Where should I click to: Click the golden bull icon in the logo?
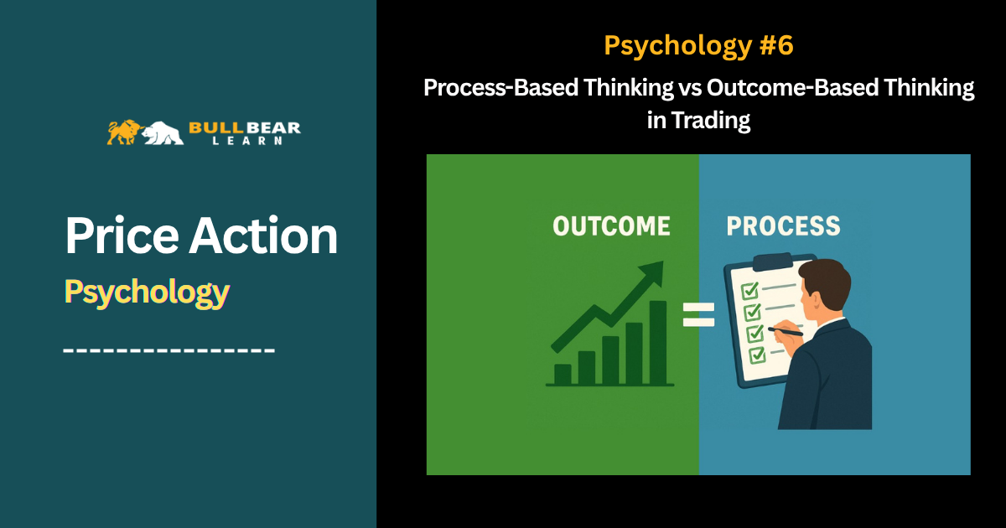(124, 132)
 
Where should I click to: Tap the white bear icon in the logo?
(163, 133)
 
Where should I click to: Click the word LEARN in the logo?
(247, 141)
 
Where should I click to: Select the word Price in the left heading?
(122, 236)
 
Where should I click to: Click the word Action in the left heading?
(262, 236)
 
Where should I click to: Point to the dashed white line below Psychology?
(169, 350)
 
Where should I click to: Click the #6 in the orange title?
(776, 45)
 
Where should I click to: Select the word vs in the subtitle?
(690, 87)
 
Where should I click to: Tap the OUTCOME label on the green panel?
(611, 225)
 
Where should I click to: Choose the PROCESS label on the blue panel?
(783, 225)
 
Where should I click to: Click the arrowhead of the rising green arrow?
(652, 272)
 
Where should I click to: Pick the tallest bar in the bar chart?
(658, 343)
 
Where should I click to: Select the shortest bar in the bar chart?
(563, 374)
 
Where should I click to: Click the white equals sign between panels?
(698, 314)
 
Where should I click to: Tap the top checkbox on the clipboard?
(749, 291)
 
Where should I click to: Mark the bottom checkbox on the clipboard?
(757, 355)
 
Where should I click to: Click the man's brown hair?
(827, 282)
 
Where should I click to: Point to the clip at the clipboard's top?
(772, 261)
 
